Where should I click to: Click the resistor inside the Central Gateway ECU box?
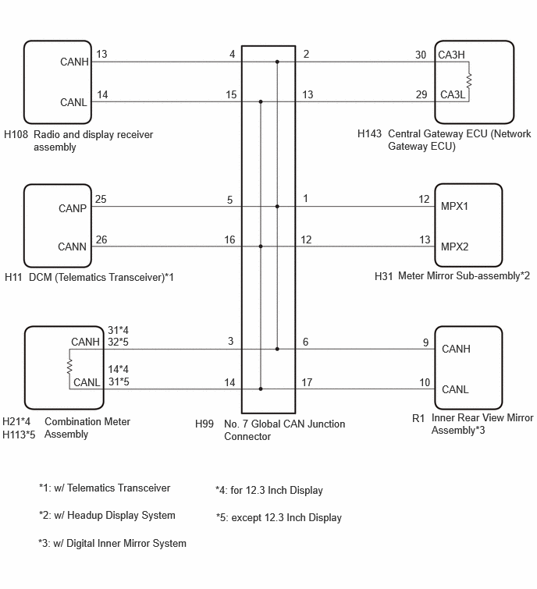468,81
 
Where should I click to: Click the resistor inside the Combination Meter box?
69,367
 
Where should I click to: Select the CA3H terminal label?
451,55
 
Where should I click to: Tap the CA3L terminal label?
453,94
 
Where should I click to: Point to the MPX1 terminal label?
454,206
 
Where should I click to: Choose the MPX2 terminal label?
455,247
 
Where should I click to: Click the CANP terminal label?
73,208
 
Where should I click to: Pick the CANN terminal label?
72,247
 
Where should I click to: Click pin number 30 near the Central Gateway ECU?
421,55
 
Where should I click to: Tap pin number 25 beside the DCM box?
101,199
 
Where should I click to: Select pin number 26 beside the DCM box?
101,240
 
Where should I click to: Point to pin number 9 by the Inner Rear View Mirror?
425,342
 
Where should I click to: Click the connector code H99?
204,424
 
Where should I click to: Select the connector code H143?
369,133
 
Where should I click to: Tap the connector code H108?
16,134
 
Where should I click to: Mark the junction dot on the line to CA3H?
277,62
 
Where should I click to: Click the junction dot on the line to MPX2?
261,247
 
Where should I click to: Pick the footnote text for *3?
112,544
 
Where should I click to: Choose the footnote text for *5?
279,518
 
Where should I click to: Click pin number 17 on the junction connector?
307,382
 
